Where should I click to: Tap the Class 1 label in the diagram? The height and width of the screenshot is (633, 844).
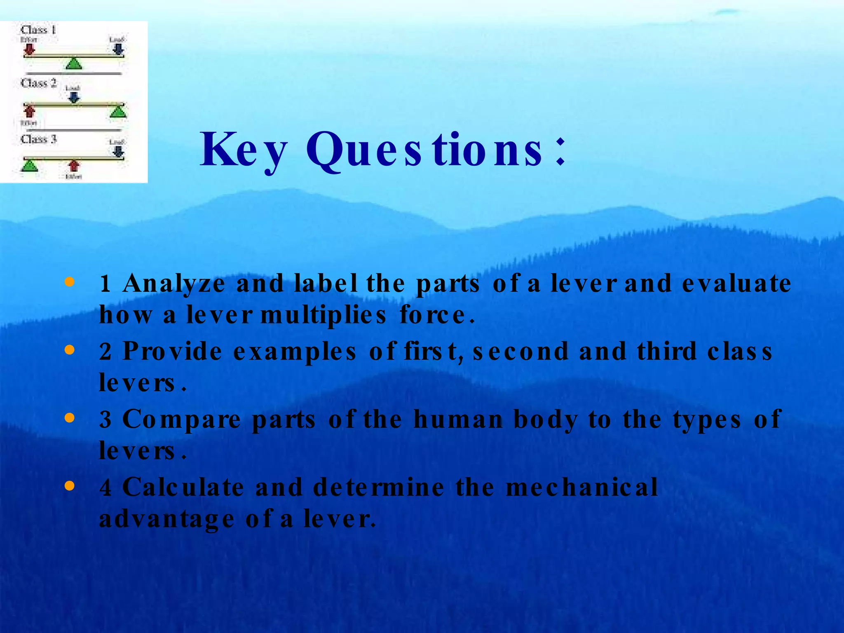38,30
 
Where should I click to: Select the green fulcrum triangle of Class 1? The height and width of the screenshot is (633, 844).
74,63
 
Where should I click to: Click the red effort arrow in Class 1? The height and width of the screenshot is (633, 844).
29,49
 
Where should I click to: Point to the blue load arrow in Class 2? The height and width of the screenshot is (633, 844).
74,97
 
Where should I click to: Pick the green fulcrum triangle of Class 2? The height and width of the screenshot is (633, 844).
118,111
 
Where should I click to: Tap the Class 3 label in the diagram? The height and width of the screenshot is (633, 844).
38,139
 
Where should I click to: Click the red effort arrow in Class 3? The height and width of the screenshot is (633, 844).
74,166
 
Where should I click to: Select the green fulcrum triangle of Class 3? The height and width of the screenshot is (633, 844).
29,166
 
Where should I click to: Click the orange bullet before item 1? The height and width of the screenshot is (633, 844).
70,282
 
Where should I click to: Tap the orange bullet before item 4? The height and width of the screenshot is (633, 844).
70,486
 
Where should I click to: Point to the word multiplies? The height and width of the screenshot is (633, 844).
324,316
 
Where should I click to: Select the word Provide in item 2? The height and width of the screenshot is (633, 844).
172,352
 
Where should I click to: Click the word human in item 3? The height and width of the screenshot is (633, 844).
458,420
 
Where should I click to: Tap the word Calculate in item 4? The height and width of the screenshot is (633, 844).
183,487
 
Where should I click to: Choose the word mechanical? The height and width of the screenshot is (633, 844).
581,487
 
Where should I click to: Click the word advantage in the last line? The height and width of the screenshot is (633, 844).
167,519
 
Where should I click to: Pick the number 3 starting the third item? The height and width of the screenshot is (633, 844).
105,420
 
